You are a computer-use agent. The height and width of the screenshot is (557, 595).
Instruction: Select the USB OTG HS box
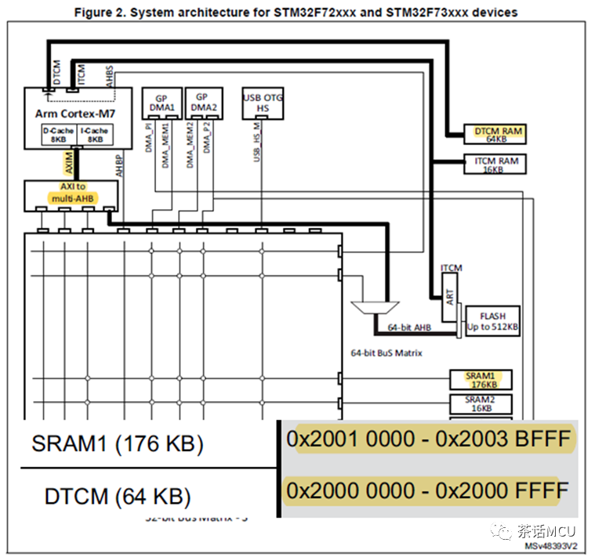[x=263, y=102]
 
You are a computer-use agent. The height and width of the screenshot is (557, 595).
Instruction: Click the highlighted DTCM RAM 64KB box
[x=494, y=134]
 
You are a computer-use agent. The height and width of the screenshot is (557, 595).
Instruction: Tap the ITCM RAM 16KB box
[x=494, y=164]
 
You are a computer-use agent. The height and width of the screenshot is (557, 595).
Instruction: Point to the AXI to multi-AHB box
[x=70, y=193]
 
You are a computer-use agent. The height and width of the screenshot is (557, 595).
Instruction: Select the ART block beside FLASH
[x=450, y=298]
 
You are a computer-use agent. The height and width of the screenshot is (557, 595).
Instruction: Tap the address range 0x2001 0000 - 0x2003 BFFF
[x=428, y=439]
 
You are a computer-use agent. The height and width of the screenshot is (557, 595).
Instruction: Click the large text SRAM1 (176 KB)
[x=118, y=443]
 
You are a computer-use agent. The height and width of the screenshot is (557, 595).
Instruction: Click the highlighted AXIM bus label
[x=69, y=165]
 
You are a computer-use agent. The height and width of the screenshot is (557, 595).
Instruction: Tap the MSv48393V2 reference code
[x=552, y=545]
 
